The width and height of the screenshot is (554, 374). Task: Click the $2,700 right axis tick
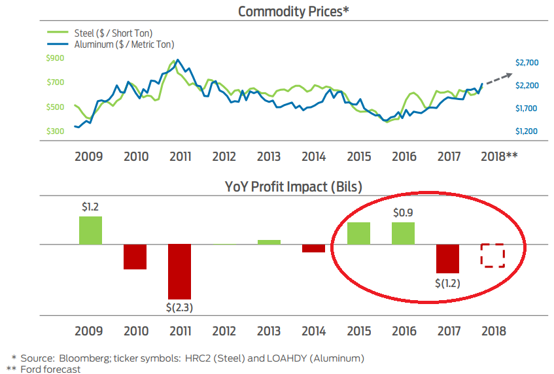tap(527, 63)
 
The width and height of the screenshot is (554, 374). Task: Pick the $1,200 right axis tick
tap(527, 131)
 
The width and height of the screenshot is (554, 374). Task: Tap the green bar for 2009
tap(91, 230)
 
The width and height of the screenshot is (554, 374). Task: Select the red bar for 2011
tap(179, 271)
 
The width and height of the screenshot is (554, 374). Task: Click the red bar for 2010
tap(135, 256)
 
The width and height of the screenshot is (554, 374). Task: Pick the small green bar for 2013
tap(269, 242)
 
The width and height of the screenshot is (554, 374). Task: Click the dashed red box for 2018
tap(493, 256)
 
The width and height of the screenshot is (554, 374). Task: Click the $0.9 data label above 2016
tap(403, 212)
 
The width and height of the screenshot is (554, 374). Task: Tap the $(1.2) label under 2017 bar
tap(447, 282)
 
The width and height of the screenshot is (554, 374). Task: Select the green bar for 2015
tap(358, 233)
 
